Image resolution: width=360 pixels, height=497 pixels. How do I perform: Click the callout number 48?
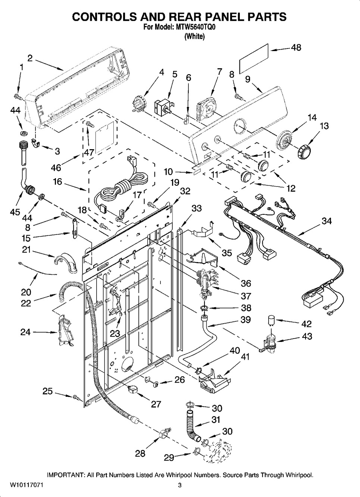pos(296,48)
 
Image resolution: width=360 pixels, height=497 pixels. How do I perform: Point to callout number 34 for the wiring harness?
pos(326,221)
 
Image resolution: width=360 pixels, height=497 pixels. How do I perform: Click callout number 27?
pos(156,404)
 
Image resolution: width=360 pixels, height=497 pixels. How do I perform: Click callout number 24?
pos(25,331)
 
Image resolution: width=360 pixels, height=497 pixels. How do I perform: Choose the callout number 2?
pos(30,58)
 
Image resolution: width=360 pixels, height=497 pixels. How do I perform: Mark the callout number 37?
pos(246,296)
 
